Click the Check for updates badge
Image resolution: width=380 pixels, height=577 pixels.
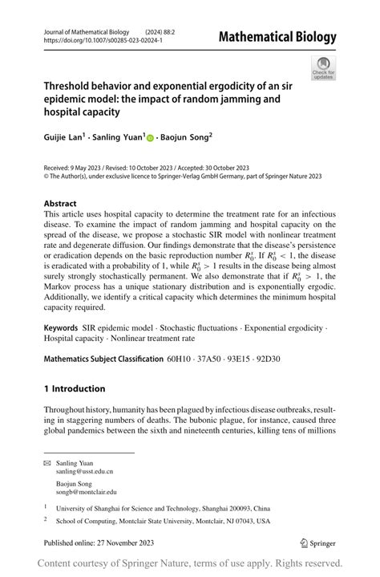click(324, 68)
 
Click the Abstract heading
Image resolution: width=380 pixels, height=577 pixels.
click(61, 204)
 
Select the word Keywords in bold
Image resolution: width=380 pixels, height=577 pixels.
click(60, 329)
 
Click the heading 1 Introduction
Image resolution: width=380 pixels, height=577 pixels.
click(75, 389)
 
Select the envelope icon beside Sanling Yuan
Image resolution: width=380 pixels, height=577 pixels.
click(47, 464)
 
